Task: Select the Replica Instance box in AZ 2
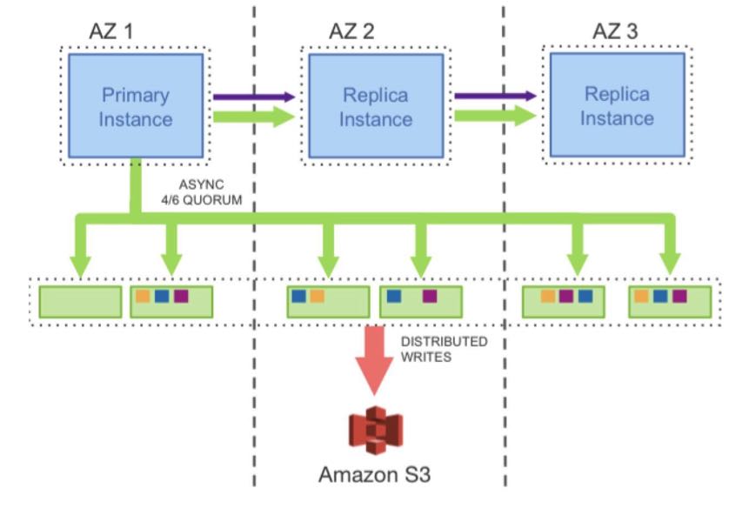click(x=375, y=105)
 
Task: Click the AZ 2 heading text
click(x=351, y=31)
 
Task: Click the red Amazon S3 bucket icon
click(x=375, y=431)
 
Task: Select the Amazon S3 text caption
click(x=374, y=475)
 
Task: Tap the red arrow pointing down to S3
click(x=375, y=358)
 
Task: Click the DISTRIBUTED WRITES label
click(x=444, y=349)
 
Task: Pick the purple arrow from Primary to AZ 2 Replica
click(x=254, y=97)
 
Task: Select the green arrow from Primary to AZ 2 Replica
click(x=254, y=117)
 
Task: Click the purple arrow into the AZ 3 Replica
click(x=494, y=95)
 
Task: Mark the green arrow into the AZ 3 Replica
click(x=494, y=115)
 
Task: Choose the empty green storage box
click(x=80, y=301)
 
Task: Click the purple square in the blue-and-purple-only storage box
click(x=430, y=297)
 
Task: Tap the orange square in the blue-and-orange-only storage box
click(x=318, y=297)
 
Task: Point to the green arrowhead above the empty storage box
click(x=80, y=264)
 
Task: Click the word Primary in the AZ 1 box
click(x=135, y=94)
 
